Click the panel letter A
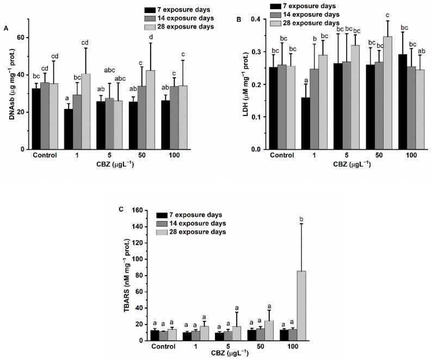point(6,27)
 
